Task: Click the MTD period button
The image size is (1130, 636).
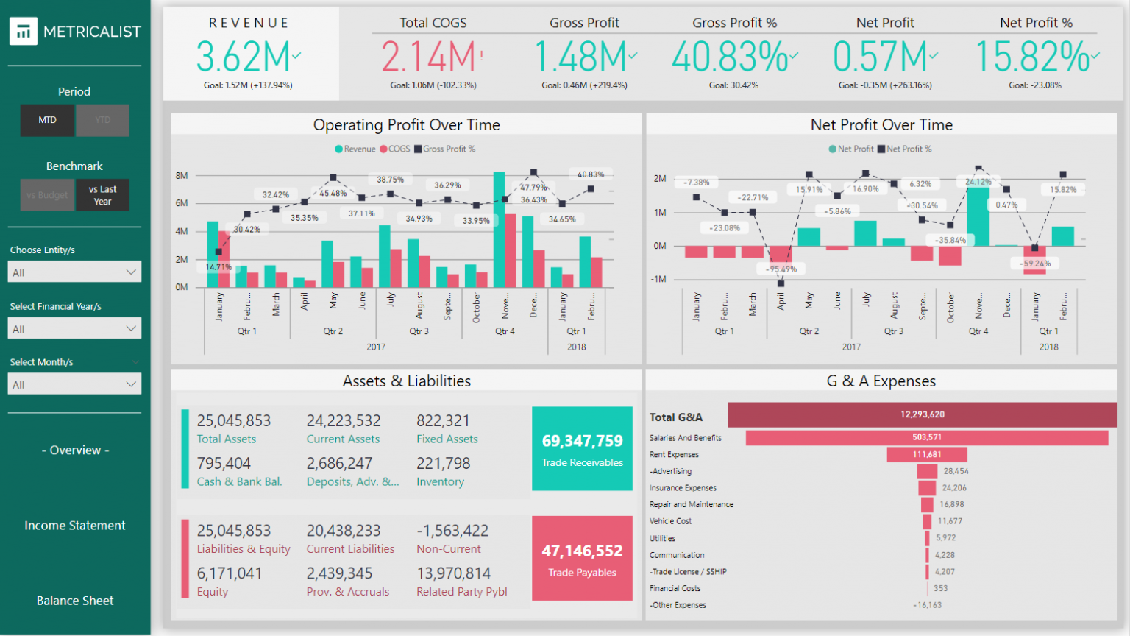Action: pos(47,120)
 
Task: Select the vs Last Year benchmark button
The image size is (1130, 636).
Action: pos(102,195)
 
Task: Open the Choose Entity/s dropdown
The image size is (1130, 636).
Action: pos(74,272)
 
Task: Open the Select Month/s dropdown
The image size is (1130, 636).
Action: pos(74,384)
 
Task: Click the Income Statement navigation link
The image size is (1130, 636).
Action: pos(75,526)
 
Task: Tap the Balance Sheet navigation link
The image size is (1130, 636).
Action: pos(75,601)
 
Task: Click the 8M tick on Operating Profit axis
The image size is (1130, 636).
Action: pos(182,176)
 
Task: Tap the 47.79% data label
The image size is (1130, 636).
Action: pos(533,187)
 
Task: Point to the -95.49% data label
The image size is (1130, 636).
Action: pos(781,269)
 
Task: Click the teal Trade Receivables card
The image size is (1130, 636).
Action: pos(582,448)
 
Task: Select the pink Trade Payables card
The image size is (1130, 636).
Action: pos(582,558)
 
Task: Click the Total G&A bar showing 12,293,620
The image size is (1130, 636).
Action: pos(922,414)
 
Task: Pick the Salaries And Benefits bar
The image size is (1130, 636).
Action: pos(926,437)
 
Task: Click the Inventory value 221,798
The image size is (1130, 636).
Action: pos(443,464)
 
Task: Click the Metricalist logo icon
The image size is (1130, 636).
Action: pos(24,31)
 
